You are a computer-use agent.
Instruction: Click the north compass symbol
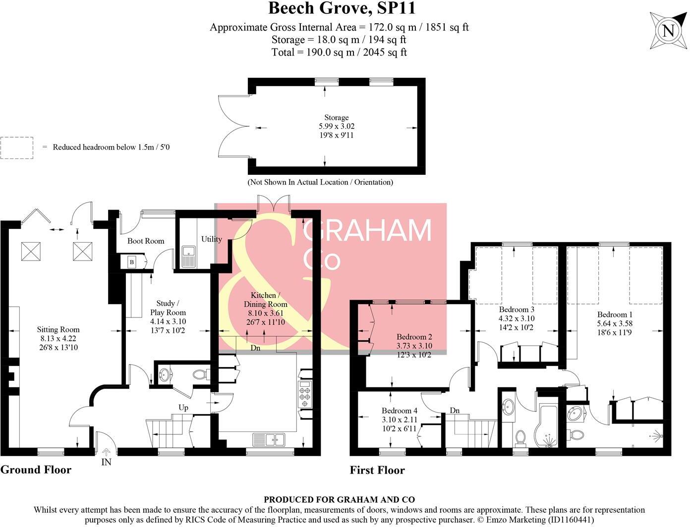coord(668,31)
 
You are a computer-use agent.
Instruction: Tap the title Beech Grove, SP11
coord(342,8)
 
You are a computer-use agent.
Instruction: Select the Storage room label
coord(337,117)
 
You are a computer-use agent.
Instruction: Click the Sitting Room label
coord(58,329)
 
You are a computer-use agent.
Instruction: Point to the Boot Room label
coord(145,241)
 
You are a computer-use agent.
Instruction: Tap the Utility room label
coord(211,239)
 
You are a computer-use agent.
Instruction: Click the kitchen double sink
coord(269,439)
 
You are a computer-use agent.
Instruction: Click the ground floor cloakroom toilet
coord(200,375)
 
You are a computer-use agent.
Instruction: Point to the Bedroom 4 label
coord(400,411)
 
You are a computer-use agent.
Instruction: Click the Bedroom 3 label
coord(516,310)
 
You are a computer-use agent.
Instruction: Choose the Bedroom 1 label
coord(615,315)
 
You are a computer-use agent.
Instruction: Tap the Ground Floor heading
coord(36,470)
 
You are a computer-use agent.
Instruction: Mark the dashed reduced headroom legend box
coord(17,148)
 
